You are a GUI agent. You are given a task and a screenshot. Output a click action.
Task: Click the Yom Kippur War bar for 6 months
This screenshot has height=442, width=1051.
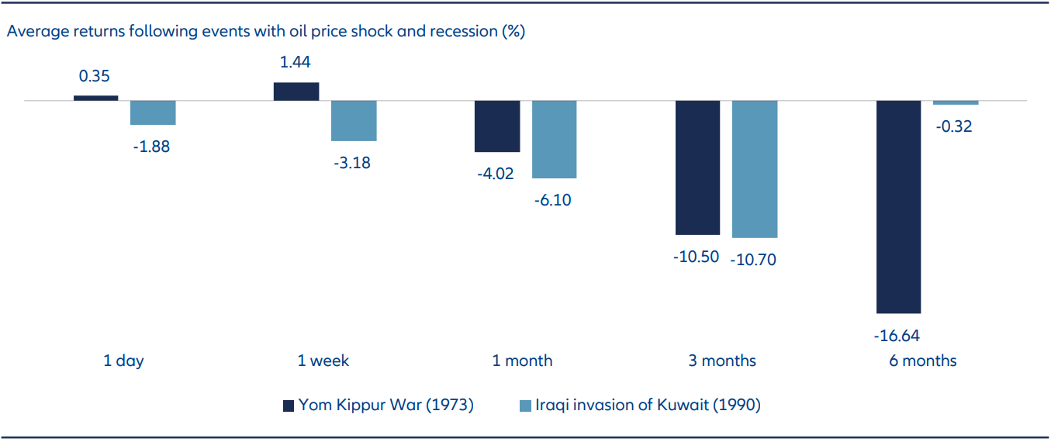tap(898, 206)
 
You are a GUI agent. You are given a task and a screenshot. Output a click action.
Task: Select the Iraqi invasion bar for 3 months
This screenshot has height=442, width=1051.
tap(755, 169)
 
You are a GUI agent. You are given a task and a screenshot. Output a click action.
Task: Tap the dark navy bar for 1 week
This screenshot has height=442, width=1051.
tap(296, 92)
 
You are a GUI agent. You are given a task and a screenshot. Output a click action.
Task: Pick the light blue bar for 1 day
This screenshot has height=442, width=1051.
tap(153, 113)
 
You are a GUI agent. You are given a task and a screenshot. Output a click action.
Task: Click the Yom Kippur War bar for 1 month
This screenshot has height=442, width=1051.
tap(497, 126)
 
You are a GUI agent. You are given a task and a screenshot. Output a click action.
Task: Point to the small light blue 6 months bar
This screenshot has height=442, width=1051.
tap(956, 103)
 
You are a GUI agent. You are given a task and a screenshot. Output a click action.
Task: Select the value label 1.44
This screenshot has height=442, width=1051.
tap(296, 63)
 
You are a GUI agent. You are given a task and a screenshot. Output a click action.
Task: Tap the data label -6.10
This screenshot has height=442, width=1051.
tap(554, 200)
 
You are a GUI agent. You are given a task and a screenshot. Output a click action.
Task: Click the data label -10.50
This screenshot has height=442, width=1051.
tap(697, 257)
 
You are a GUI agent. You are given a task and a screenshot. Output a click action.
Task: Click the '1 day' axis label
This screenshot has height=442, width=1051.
tap(124, 361)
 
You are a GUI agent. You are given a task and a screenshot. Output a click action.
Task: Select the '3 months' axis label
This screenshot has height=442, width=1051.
tap(721, 361)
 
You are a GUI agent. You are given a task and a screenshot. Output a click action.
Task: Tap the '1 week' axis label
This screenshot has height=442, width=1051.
tap(323, 361)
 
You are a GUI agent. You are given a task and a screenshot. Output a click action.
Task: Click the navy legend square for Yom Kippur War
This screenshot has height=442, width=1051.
tap(288, 405)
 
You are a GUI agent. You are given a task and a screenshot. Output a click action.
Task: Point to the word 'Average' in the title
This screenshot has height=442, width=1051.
tap(36, 32)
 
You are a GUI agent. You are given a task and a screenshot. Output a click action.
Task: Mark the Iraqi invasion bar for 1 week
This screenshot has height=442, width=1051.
tap(354, 121)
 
